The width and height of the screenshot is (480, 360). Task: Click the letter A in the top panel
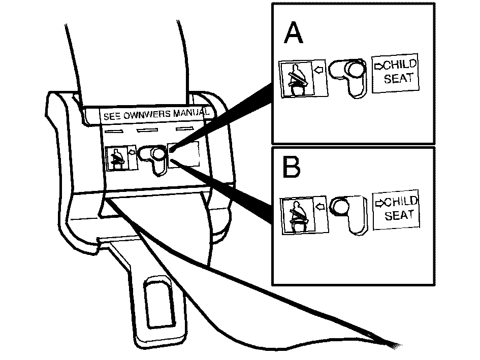(x=293, y=33)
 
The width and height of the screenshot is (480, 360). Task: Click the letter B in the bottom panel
(x=292, y=167)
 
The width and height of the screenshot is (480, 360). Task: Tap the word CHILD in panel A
(x=400, y=65)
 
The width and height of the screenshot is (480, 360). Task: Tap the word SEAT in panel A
(x=399, y=78)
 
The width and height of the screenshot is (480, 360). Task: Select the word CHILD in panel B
(x=401, y=202)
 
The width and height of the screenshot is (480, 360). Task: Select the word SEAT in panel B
(x=399, y=215)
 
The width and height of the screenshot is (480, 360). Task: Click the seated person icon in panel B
(x=298, y=215)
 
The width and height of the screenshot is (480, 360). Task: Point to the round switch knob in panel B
(x=339, y=206)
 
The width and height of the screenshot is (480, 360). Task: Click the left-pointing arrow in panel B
(x=320, y=207)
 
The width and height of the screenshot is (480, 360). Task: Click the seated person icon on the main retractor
(x=117, y=158)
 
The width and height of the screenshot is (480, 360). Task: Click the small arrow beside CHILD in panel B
(x=380, y=203)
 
